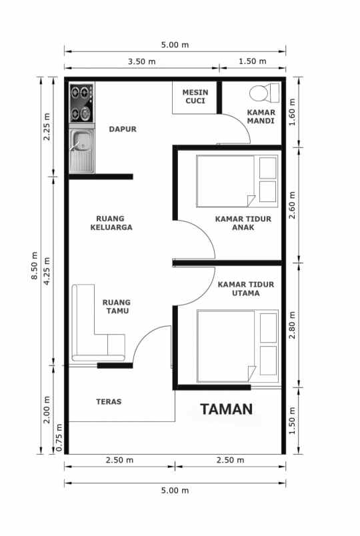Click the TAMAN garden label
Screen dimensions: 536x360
227,409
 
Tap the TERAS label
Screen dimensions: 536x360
108,401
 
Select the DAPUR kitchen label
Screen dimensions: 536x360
123,129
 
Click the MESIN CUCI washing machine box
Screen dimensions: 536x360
196,97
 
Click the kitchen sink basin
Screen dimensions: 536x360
83,141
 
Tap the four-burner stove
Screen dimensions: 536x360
82,103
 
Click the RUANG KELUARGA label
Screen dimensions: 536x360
113,223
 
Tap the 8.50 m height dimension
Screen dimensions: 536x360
35,267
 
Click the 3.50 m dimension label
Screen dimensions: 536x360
142,62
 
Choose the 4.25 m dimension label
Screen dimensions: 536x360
47,271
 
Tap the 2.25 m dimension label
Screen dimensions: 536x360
47,129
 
